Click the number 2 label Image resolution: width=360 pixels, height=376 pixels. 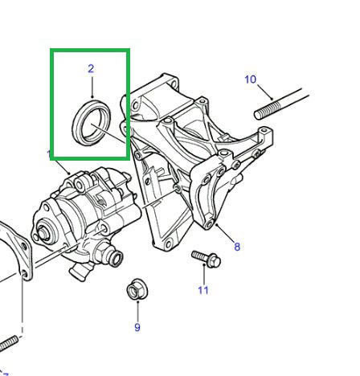[91, 69]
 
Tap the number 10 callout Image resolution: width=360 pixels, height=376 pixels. [250, 79]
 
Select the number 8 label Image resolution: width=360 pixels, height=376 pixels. [237, 247]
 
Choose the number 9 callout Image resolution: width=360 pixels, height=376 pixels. [137, 327]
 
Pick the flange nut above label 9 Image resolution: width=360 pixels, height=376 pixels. [136, 291]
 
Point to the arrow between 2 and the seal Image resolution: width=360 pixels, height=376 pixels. [91, 87]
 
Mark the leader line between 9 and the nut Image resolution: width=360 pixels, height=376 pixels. [137, 311]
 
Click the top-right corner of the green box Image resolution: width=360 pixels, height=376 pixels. [127, 51]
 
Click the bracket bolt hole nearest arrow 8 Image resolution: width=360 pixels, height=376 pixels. [210, 224]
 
